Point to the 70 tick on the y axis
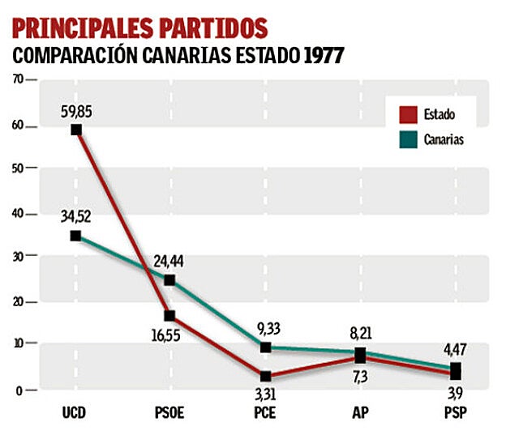click(x=18, y=79)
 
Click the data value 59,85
click(x=75, y=110)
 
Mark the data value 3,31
click(x=266, y=395)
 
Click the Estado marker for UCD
click(x=75, y=130)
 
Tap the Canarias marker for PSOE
click(x=170, y=280)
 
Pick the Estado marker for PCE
click(x=266, y=377)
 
